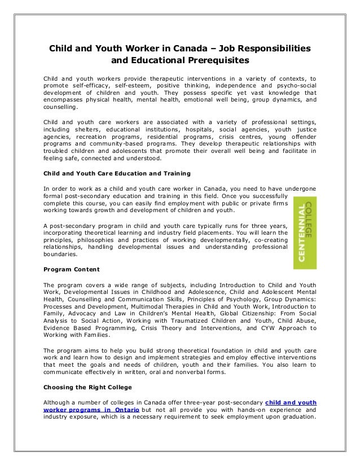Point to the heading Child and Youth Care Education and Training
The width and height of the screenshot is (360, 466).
117,173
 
